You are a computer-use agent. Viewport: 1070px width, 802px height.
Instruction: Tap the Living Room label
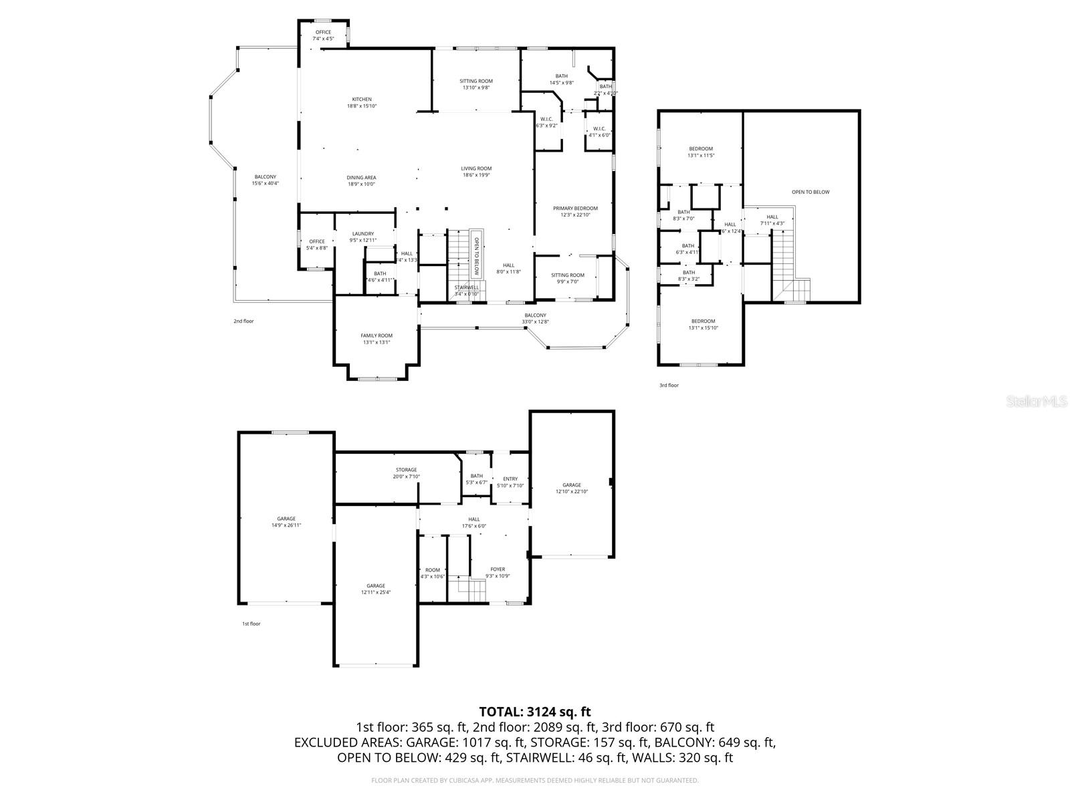pyautogui.click(x=476, y=172)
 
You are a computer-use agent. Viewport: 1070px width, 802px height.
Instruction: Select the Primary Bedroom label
pyautogui.click(x=575, y=211)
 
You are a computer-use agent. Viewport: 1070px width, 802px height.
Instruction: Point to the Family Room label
pyautogui.click(x=377, y=339)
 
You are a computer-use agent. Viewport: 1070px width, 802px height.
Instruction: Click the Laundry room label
pyautogui.click(x=363, y=237)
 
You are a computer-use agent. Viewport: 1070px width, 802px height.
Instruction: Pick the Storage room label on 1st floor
pyautogui.click(x=406, y=473)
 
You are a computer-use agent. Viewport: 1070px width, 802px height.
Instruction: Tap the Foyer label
pyautogui.click(x=498, y=572)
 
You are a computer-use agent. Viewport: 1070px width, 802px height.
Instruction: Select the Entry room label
pyautogui.click(x=510, y=482)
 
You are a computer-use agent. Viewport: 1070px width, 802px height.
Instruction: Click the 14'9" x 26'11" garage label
pyautogui.click(x=286, y=522)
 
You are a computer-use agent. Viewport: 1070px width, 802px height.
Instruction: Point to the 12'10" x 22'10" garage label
pyautogui.click(x=572, y=488)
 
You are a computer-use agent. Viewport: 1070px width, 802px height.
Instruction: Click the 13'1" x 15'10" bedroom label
pyautogui.click(x=703, y=324)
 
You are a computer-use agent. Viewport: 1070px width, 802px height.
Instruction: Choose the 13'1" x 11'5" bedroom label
pyautogui.click(x=701, y=152)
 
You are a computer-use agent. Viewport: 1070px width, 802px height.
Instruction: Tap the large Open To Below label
pyautogui.click(x=811, y=192)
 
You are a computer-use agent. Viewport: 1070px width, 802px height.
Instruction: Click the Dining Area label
pyautogui.click(x=361, y=180)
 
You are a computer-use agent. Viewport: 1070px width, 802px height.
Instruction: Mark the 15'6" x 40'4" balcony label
pyautogui.click(x=265, y=180)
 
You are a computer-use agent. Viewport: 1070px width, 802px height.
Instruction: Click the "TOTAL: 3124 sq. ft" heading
pyautogui.click(x=535, y=712)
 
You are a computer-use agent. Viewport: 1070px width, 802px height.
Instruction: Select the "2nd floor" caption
pyautogui.click(x=243, y=321)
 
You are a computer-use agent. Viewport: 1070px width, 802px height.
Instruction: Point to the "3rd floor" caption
pyautogui.click(x=669, y=386)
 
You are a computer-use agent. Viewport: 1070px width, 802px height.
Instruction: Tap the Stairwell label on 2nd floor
pyautogui.click(x=466, y=290)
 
